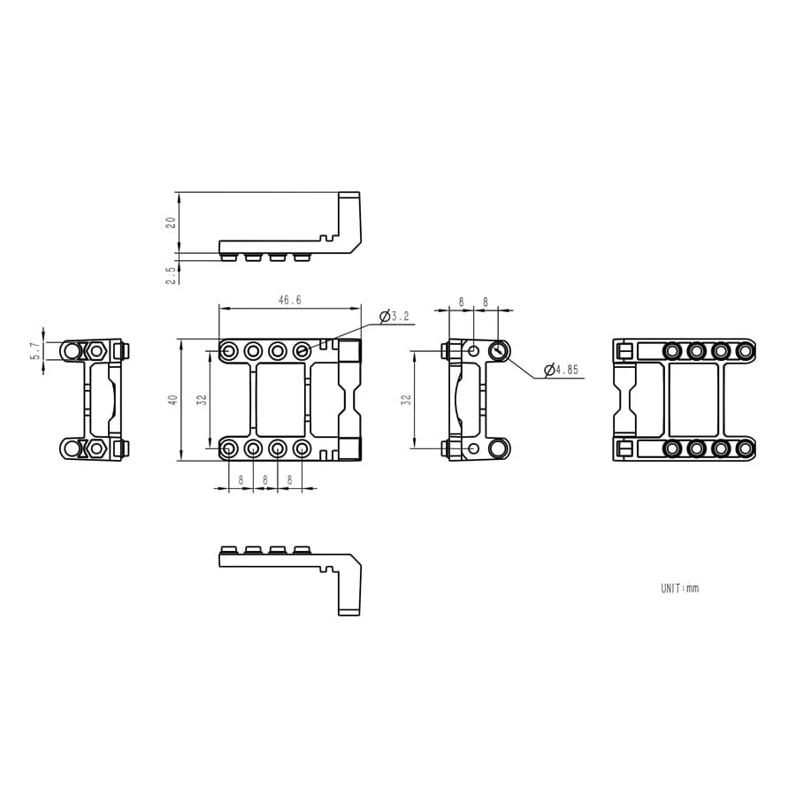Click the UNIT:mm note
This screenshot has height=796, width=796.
679,588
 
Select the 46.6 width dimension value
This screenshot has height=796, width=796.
289,301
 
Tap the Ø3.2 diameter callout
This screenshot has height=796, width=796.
394,316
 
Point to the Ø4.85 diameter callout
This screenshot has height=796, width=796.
561,370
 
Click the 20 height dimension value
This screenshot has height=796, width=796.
171,222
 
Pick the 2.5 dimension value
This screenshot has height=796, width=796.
171,275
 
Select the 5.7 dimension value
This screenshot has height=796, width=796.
35,350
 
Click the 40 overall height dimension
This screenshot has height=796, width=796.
173,400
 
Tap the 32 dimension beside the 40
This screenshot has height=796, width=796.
202,400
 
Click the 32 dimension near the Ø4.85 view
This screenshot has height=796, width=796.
406,400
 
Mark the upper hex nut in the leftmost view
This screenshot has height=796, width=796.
96,351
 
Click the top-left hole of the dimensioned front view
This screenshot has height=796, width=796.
229,351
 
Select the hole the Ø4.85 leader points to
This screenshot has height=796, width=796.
498,351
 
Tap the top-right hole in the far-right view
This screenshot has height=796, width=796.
745,351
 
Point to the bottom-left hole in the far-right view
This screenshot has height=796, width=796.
672,449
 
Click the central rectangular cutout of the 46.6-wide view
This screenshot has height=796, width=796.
280,400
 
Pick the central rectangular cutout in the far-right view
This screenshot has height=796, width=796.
693,400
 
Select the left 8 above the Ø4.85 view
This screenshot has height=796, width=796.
461,302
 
